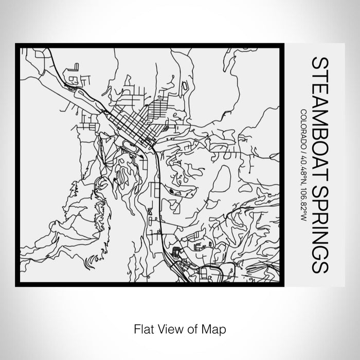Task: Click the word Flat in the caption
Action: click(143, 328)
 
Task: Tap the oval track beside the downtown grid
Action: click(132, 147)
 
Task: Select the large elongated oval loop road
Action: click(221, 180)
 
